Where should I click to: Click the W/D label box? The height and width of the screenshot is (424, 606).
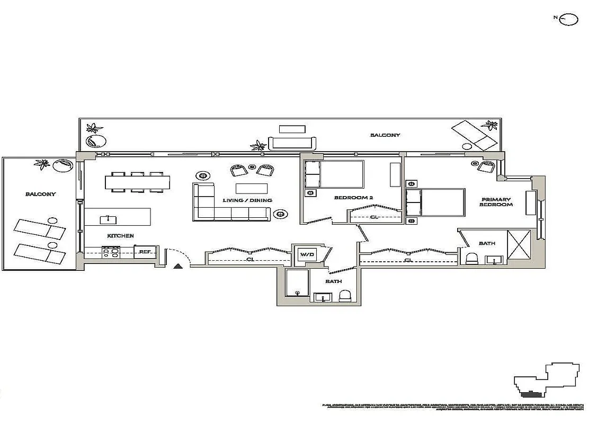coord(307,255)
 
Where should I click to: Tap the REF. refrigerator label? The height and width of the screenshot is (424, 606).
coord(145,252)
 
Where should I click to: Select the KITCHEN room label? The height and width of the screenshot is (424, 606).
coord(120,236)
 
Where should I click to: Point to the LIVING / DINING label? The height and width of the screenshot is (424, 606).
coord(247,200)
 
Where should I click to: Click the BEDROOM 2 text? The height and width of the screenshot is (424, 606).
coord(354,198)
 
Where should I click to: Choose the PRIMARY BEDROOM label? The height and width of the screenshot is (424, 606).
coord(496,202)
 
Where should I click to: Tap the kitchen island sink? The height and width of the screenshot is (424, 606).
coord(108,219)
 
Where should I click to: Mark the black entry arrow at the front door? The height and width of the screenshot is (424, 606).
coord(179,267)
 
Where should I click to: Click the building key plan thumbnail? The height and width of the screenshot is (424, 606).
coord(547,380)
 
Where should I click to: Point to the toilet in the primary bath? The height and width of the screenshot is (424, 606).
coord(471,259)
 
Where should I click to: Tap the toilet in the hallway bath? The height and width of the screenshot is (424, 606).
coord(345,296)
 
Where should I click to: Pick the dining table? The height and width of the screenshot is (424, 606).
coord(138,183)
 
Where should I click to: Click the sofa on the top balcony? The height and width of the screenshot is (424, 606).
coord(293,143)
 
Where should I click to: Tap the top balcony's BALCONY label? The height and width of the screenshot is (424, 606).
coord(385,135)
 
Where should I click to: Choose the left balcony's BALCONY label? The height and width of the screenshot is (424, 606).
coord(40,194)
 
